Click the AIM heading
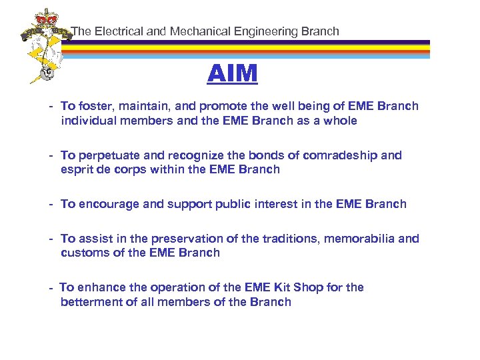232,74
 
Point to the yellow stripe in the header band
267,49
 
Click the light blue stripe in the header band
267,57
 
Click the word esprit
77,169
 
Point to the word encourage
107,204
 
